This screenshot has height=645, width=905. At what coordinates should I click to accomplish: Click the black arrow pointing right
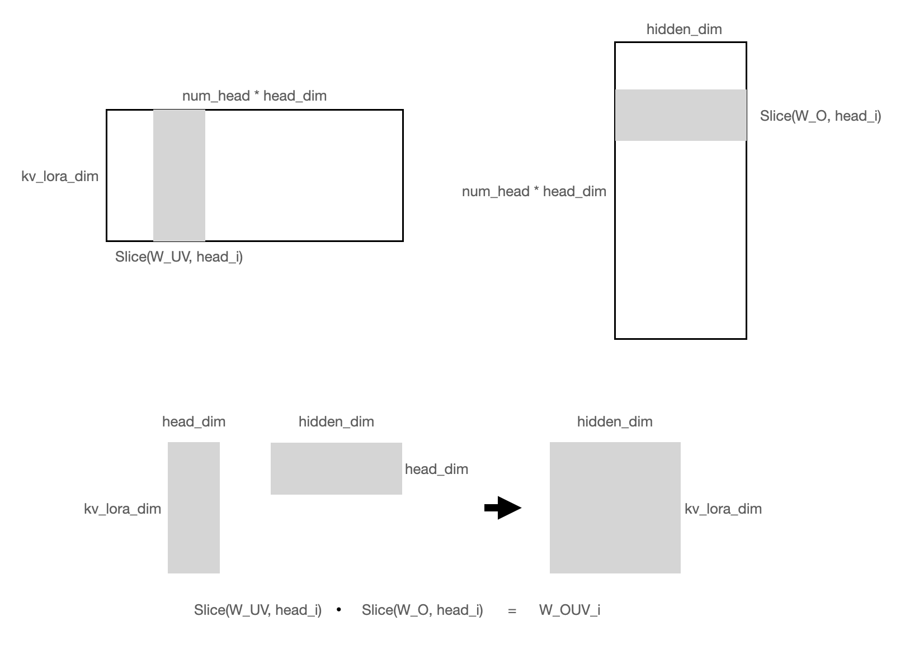click(502, 508)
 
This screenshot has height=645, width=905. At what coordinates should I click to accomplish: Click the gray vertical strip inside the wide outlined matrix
click(179, 176)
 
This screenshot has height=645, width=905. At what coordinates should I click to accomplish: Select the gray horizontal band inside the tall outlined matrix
click(681, 115)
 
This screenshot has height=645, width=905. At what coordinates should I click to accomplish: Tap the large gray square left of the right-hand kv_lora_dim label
click(615, 508)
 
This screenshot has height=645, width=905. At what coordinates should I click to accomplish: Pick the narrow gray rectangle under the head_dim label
click(194, 508)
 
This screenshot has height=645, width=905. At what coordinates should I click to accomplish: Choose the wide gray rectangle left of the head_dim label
click(336, 468)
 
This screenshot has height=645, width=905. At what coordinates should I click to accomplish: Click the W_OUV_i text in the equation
click(569, 610)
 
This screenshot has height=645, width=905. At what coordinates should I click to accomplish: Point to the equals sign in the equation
click(512, 611)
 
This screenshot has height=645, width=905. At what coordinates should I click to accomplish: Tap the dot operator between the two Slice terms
click(339, 610)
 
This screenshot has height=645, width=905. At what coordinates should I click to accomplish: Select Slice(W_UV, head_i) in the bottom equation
click(258, 610)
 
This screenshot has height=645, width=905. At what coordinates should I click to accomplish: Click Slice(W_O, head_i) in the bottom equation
click(422, 610)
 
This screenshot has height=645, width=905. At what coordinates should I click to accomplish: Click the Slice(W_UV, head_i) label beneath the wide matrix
click(179, 257)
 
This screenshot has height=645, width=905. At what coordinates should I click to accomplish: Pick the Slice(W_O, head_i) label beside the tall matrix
click(820, 116)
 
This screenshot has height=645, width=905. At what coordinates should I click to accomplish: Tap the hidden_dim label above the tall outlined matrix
click(684, 30)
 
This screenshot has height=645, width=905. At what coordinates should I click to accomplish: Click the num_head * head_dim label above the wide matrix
click(254, 96)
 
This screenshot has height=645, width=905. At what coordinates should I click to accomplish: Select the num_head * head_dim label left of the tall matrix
click(534, 192)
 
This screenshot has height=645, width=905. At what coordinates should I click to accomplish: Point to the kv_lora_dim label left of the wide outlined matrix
click(60, 177)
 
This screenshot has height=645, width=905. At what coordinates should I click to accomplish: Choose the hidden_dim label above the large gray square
click(615, 422)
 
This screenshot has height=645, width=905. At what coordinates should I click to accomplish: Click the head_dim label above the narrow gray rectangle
click(194, 422)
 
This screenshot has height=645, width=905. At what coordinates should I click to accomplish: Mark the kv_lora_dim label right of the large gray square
click(723, 509)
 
